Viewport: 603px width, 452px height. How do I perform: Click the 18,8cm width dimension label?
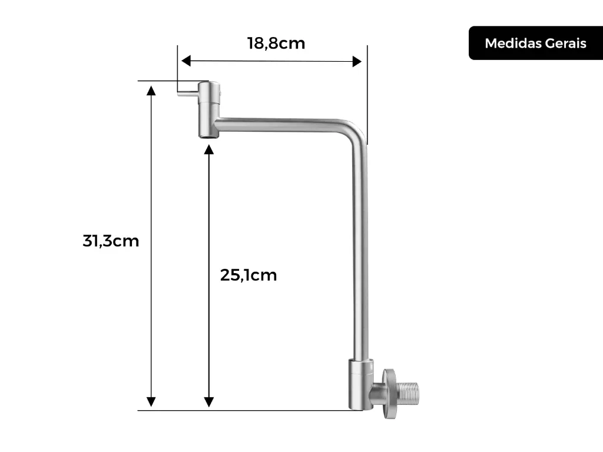coord(276,44)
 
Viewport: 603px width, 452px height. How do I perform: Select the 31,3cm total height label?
coord(111,241)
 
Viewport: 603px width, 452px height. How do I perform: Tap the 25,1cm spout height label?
coord(249,275)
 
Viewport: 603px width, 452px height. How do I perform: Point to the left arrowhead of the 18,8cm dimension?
coord(186,61)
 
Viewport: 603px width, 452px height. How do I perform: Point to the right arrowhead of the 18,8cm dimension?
coord(357,61)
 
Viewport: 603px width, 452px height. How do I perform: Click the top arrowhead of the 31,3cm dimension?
coord(151,91)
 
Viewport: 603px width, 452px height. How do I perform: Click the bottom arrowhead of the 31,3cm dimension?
coord(151,401)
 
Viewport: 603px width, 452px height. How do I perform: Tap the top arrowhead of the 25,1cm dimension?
coord(209,149)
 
